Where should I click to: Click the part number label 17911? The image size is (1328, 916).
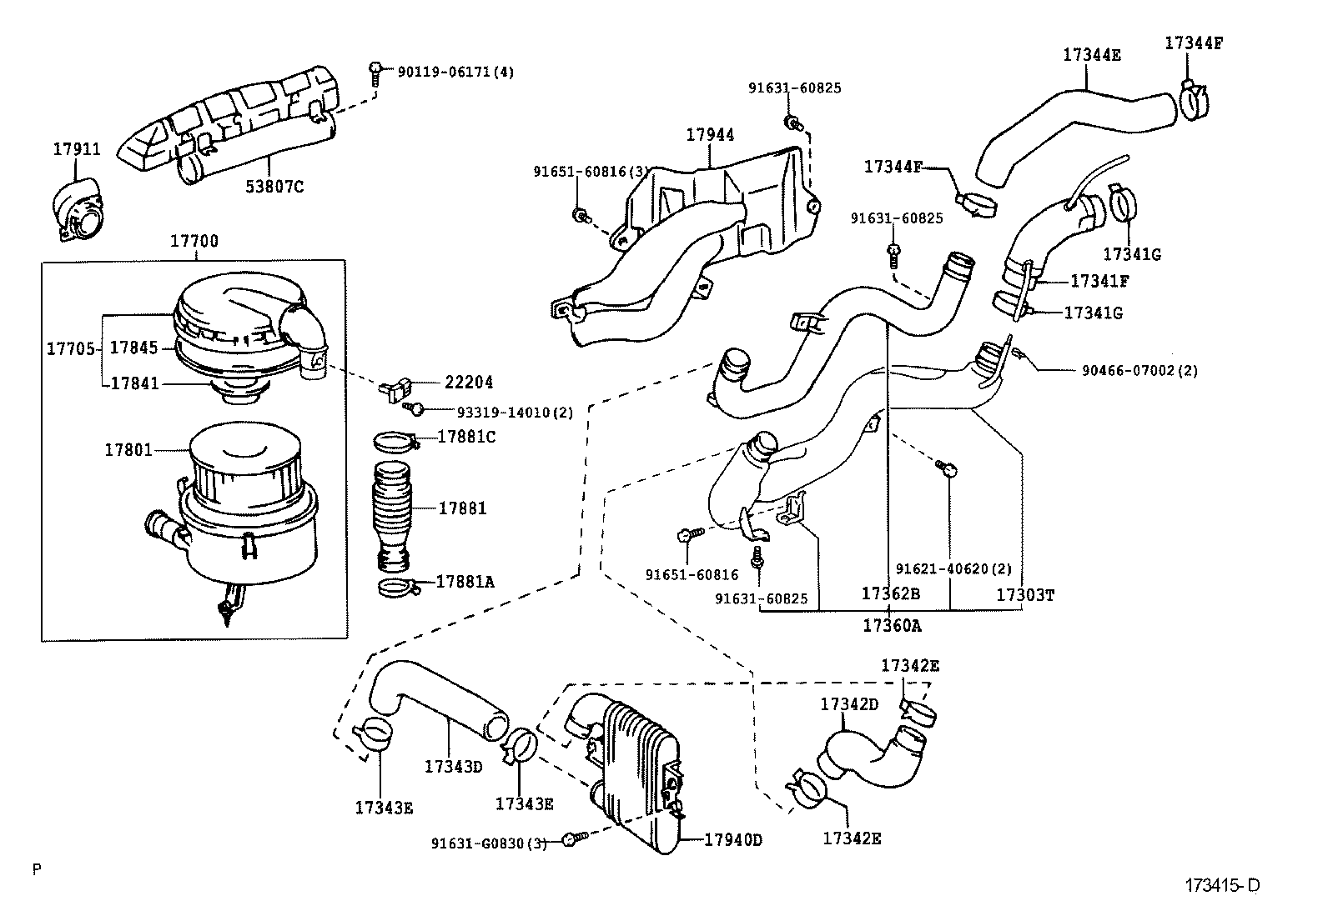(x=77, y=149)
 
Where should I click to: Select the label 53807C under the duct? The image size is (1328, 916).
(x=274, y=187)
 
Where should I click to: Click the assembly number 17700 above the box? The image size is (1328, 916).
(x=194, y=242)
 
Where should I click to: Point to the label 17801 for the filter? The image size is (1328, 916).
(x=128, y=450)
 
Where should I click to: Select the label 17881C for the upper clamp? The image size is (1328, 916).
(x=466, y=436)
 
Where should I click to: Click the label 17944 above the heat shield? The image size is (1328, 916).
(x=711, y=134)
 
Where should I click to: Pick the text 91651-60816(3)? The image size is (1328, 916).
(x=591, y=172)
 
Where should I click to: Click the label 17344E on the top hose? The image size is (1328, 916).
(x=1091, y=56)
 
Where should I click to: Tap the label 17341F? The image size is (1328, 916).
(x=1099, y=282)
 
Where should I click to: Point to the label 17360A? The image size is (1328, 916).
(x=893, y=625)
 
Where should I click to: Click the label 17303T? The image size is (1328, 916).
(x=1026, y=595)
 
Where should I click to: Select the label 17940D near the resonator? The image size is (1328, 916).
(x=733, y=839)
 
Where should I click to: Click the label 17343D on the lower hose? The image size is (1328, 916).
(x=454, y=766)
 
